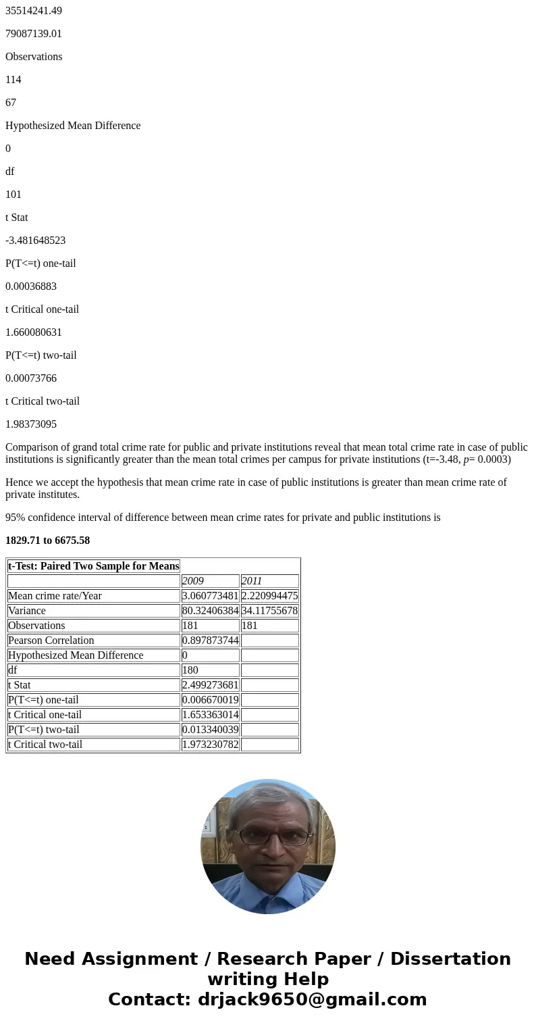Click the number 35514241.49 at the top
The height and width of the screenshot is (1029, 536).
pyautogui.click(x=34, y=11)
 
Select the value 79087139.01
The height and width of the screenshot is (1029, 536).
pyautogui.click(x=34, y=34)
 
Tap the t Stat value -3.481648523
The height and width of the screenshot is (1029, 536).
pyautogui.click(x=35, y=241)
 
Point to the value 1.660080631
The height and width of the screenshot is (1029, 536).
pyautogui.click(x=34, y=332)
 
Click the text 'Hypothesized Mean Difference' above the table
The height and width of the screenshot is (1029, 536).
pyautogui.click(x=73, y=126)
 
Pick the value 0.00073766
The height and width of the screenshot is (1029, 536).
pyautogui.click(x=31, y=378)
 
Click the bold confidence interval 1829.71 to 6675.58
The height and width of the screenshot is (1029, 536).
pyautogui.click(x=47, y=541)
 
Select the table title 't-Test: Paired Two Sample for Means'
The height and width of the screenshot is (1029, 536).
pyautogui.click(x=94, y=566)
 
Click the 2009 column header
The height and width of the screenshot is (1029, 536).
pyautogui.click(x=193, y=581)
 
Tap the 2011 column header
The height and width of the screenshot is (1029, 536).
pyautogui.click(x=252, y=581)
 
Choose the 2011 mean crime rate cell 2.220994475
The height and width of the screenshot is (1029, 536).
pyautogui.click(x=269, y=596)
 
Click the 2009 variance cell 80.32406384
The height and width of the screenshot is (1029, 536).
pyautogui.click(x=210, y=611)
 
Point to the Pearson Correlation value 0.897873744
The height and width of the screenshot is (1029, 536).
pyautogui.click(x=210, y=641)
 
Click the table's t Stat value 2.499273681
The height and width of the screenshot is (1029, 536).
pyautogui.click(x=210, y=685)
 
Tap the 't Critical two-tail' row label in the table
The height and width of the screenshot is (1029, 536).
pyautogui.click(x=45, y=745)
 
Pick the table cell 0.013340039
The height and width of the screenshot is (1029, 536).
pyautogui.click(x=210, y=730)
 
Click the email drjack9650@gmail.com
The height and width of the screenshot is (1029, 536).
pyautogui.click(x=312, y=999)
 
